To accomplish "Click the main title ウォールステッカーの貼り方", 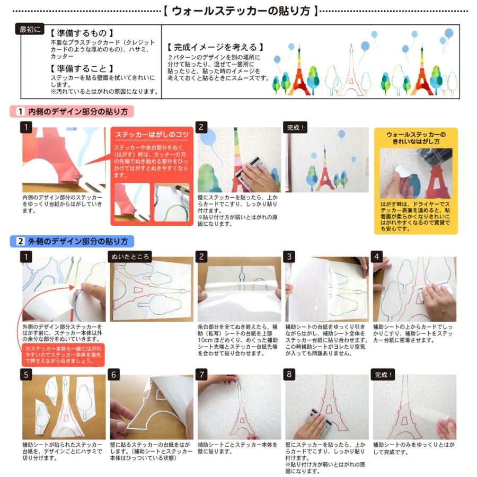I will tap(240, 10).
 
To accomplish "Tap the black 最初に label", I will tap(30, 29).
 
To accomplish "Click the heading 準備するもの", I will tap(82, 33).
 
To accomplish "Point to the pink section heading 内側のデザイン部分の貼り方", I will tap(72, 112).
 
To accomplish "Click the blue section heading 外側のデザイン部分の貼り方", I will tap(72, 241).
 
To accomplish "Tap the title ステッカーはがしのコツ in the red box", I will tap(152, 135).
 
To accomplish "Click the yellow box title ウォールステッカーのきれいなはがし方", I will tap(416, 138).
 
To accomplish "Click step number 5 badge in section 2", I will tap(28, 374).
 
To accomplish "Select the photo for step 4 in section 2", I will tap(414, 290).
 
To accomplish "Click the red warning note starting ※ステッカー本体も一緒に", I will tap(64, 354).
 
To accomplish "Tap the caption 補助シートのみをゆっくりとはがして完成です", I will tap(413, 448).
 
